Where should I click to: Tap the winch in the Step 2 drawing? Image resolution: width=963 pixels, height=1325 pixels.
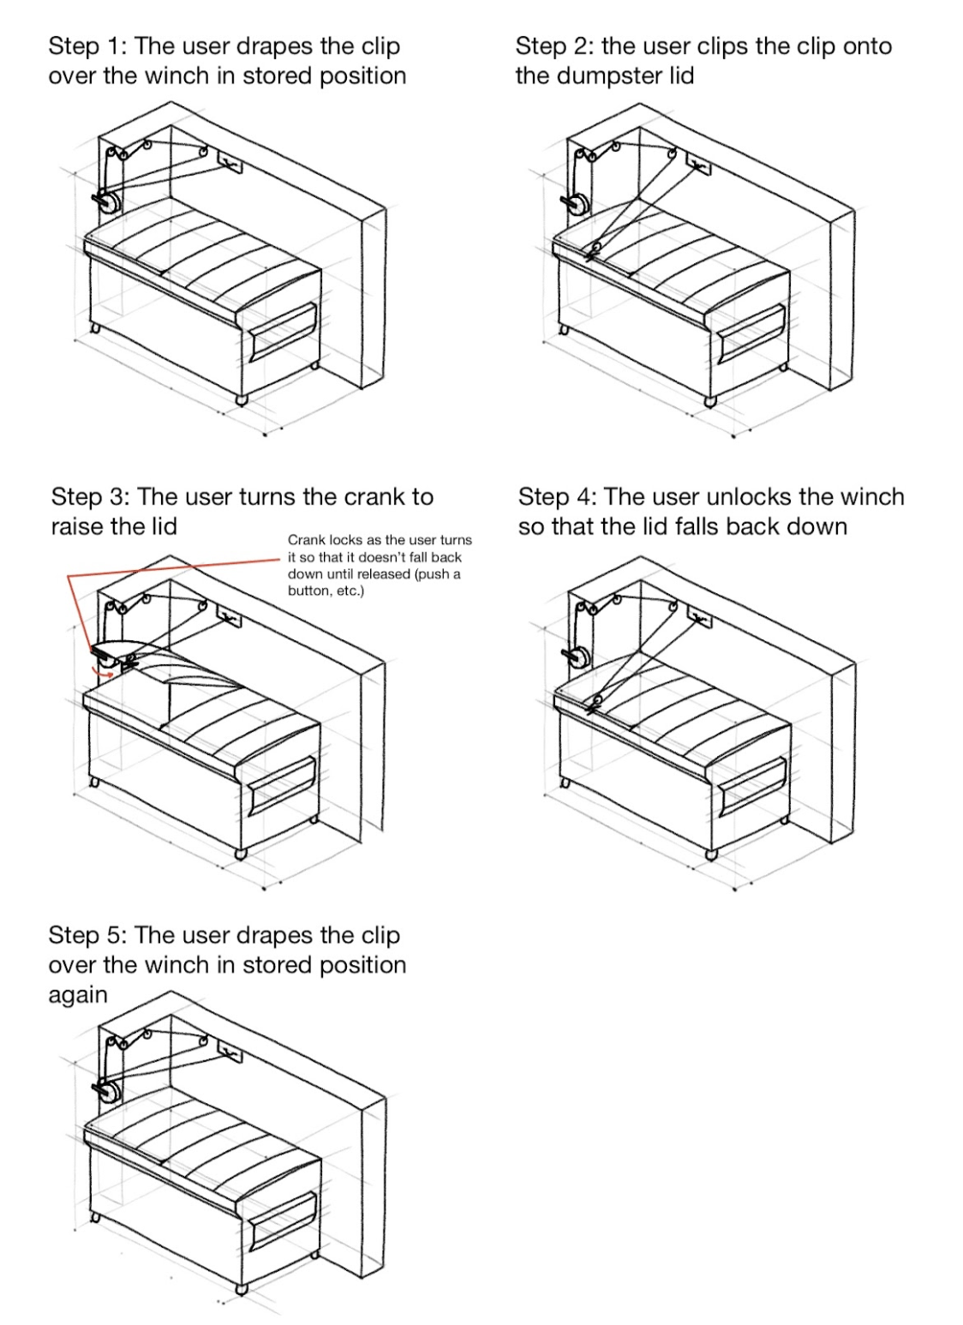576,203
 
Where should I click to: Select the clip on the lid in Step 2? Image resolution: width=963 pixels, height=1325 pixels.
591,251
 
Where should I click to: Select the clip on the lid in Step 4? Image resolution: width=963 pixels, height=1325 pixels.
591,704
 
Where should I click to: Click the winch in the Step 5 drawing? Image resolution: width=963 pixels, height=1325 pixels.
107,1091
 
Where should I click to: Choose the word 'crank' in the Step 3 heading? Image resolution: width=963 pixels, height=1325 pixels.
374,497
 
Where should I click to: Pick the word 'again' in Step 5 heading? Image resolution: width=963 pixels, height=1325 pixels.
78,995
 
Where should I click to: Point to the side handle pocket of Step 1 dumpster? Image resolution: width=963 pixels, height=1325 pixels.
283,333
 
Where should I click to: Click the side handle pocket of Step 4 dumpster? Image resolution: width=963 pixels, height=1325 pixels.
752,786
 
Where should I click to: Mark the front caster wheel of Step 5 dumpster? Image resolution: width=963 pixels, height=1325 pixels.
241,1287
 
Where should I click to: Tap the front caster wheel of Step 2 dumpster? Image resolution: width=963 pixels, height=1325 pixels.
709,399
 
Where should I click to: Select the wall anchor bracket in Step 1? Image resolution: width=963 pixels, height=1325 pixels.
229,161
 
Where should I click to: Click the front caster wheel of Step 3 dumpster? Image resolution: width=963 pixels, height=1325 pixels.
241,853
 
